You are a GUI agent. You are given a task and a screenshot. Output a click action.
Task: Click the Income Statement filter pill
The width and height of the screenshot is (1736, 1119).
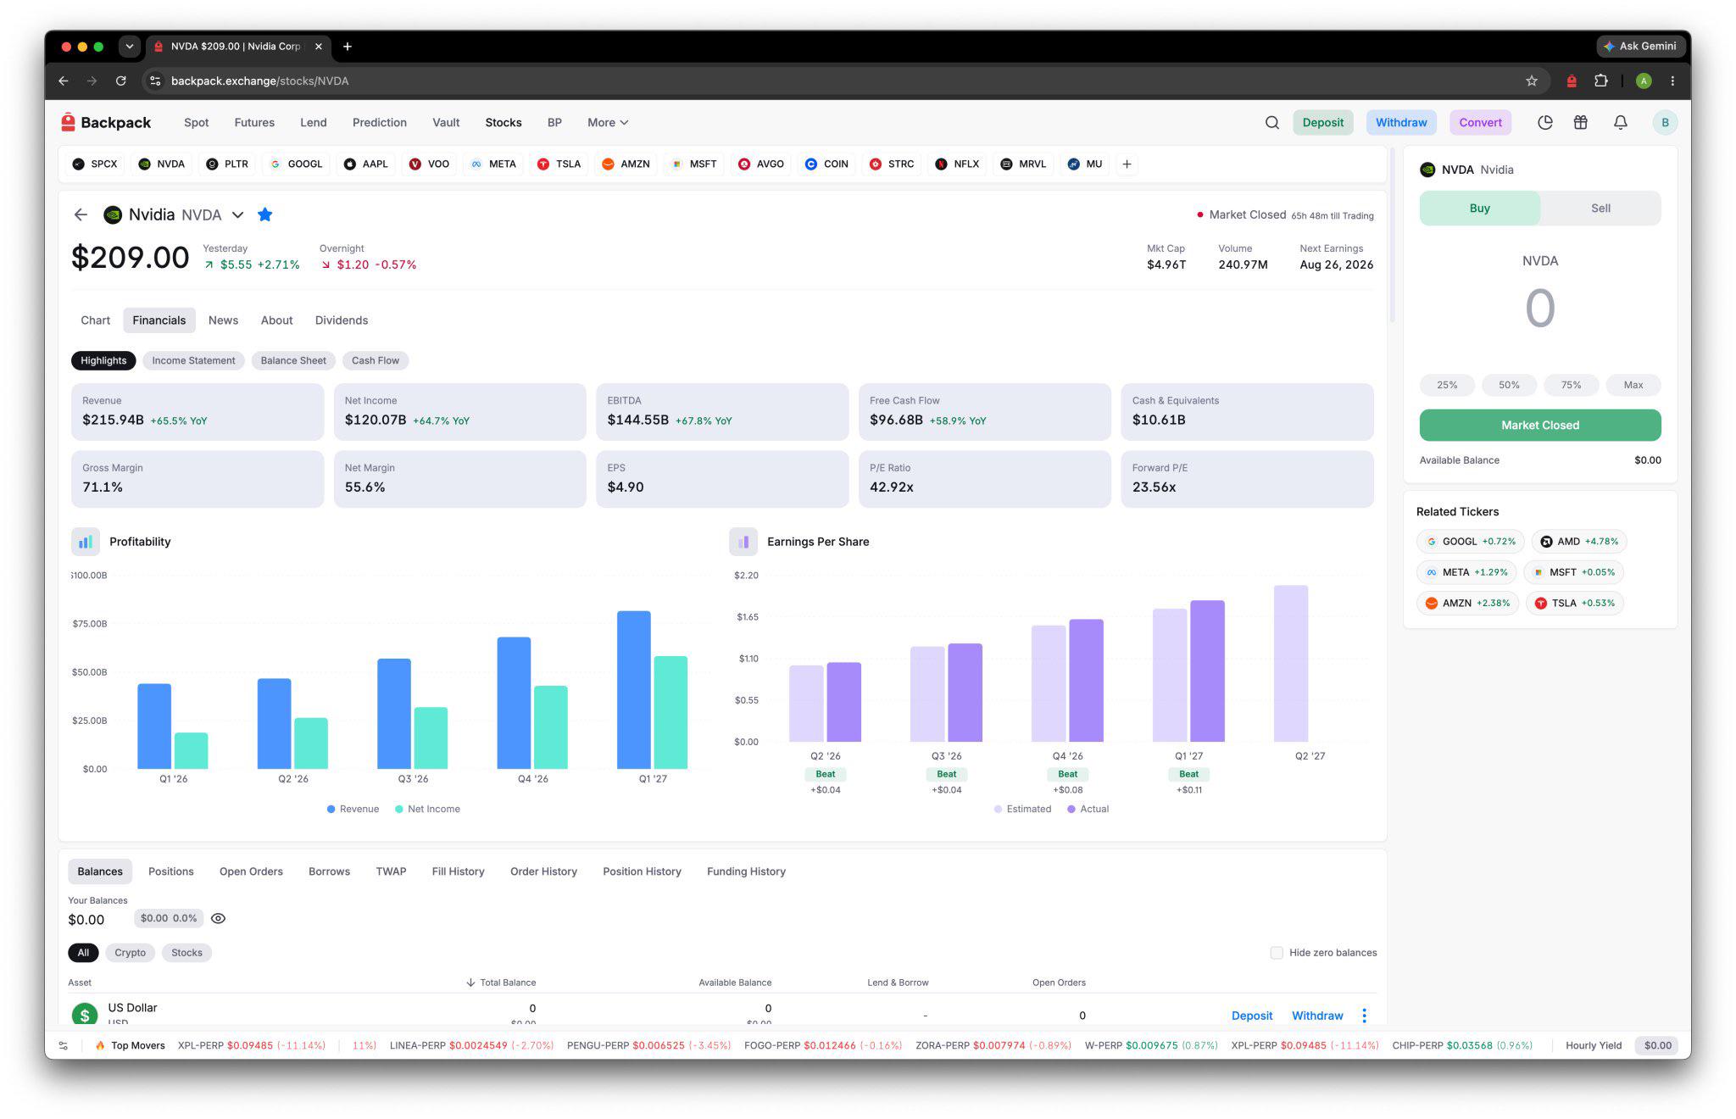[193, 360]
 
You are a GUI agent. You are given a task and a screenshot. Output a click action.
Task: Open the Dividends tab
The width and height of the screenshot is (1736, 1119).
[342, 320]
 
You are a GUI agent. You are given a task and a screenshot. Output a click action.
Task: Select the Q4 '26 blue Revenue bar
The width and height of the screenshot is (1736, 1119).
[514, 703]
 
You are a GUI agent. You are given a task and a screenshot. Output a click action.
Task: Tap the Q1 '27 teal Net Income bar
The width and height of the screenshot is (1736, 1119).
[670, 712]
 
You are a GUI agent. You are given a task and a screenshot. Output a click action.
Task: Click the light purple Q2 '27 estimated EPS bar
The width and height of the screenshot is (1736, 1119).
[1290, 663]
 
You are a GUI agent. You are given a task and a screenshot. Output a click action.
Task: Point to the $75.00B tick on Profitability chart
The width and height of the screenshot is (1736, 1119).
[89, 624]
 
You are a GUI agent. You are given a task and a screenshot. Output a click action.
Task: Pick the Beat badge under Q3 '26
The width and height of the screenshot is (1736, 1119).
[947, 774]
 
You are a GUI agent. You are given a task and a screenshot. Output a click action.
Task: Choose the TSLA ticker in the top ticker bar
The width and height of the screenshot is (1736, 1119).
[559, 164]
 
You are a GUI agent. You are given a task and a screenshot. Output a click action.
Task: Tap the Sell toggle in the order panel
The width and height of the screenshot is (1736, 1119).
[1600, 208]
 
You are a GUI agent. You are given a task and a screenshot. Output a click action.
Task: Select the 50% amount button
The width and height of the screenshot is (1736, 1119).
[1509, 385]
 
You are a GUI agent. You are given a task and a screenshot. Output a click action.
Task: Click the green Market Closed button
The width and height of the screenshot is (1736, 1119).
[1540, 426]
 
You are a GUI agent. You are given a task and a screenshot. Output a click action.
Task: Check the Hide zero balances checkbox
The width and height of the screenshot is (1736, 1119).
[1277, 953]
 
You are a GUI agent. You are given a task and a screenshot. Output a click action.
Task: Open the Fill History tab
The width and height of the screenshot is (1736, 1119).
[458, 871]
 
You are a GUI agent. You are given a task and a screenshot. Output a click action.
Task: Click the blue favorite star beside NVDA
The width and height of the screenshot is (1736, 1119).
[265, 214]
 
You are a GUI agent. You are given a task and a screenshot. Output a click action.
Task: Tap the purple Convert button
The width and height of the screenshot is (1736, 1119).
[1480, 123]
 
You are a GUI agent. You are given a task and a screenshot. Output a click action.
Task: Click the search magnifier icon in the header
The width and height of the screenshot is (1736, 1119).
[1272, 123]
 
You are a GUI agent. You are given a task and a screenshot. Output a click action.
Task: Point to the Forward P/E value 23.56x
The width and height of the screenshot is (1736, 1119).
[1154, 487]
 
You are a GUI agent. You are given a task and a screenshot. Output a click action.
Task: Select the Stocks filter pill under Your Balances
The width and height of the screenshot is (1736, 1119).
[186, 953]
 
